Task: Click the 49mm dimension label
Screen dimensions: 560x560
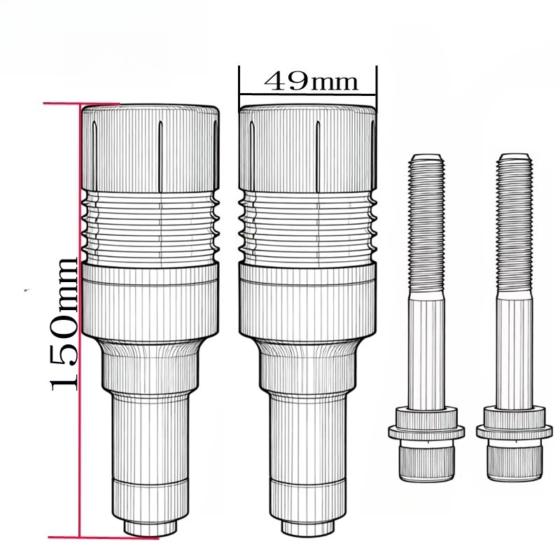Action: (311, 81)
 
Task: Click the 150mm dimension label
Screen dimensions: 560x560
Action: (64, 324)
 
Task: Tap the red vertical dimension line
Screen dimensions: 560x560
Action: (80, 321)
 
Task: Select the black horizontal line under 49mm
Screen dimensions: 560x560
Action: (307, 94)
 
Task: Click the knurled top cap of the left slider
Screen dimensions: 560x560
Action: (150, 149)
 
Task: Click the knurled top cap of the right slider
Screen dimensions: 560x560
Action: (307, 149)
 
